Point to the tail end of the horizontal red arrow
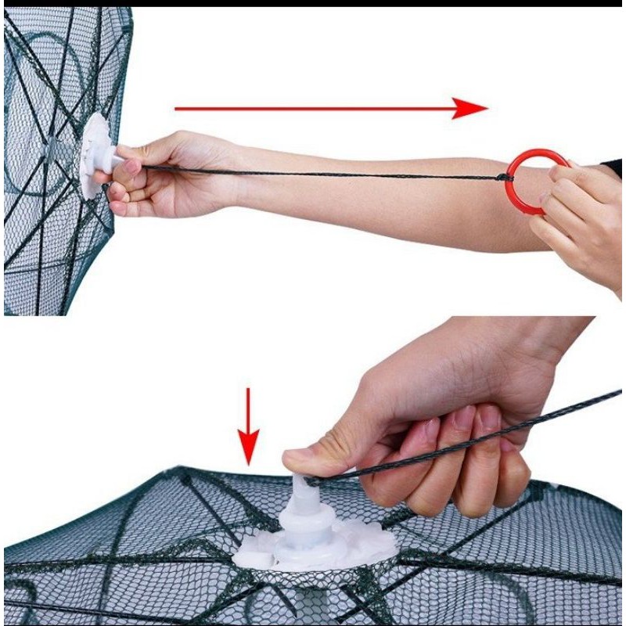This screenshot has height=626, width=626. pyautogui.click(x=178, y=109)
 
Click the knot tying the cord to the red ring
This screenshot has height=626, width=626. pyautogui.click(x=505, y=178)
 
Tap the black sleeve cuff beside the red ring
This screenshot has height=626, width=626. pyautogui.click(x=613, y=167)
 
